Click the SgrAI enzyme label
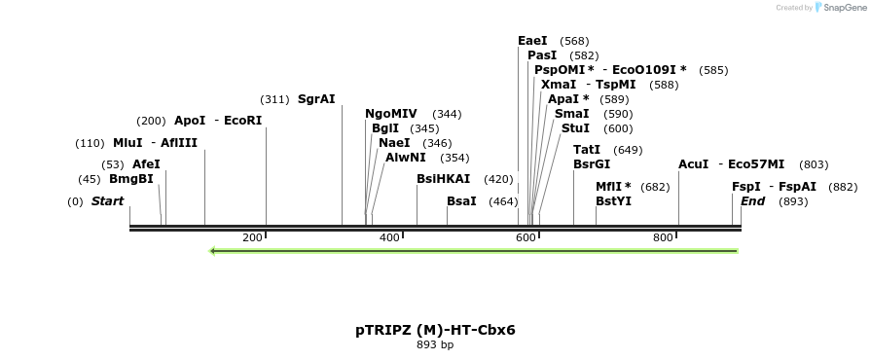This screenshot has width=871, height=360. point(316,99)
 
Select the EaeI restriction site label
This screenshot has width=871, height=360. point(532,41)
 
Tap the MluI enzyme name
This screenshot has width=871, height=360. point(127,143)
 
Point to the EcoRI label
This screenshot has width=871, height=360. point(243,121)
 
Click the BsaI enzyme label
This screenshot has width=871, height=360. point(461,201)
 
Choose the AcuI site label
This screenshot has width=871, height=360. point(693,164)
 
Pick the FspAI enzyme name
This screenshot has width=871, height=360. point(797,187)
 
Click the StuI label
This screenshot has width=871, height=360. point(575,128)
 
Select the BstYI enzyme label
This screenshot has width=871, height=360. point(613,201)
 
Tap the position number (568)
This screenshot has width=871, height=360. point(575,41)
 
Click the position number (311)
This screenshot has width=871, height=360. point(274,99)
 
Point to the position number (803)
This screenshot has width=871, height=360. point(813,164)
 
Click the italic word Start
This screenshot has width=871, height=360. point(107,201)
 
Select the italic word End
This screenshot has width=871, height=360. point(752,201)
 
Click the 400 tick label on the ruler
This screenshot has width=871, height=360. point(389,237)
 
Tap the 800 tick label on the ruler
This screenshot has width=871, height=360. point(664,237)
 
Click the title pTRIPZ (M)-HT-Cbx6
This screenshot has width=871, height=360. point(435,330)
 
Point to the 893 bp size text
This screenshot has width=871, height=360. point(435,344)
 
